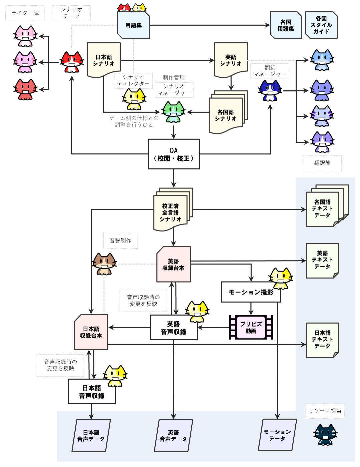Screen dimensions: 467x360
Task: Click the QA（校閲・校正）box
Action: [x=173, y=154]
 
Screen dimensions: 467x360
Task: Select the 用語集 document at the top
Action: [x=133, y=25]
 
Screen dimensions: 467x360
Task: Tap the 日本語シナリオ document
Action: [x=104, y=60]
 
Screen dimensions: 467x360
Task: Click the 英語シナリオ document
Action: [x=231, y=60]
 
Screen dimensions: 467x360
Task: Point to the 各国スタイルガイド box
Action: [x=321, y=25]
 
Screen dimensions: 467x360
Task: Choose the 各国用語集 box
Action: [x=286, y=25]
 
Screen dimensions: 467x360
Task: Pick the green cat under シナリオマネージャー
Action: [x=173, y=112]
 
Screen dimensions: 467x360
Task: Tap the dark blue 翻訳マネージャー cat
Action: [x=270, y=90]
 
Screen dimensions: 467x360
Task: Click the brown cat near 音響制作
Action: [x=104, y=264]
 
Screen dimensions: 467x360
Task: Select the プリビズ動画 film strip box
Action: [x=251, y=327]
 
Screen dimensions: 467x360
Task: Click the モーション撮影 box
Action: [x=251, y=292]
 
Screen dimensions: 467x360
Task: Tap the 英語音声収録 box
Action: [x=173, y=328]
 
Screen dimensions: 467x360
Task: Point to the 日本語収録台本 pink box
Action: [x=91, y=332]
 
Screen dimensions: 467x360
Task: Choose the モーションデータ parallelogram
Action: [x=277, y=435]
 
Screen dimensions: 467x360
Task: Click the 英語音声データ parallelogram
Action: [x=173, y=435]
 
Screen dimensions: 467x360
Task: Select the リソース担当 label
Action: [x=325, y=411]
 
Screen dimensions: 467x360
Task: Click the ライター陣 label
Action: [x=25, y=13]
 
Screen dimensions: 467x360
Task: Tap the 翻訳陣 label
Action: [x=322, y=163]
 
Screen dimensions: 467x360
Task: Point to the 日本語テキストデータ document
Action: [x=322, y=340]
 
